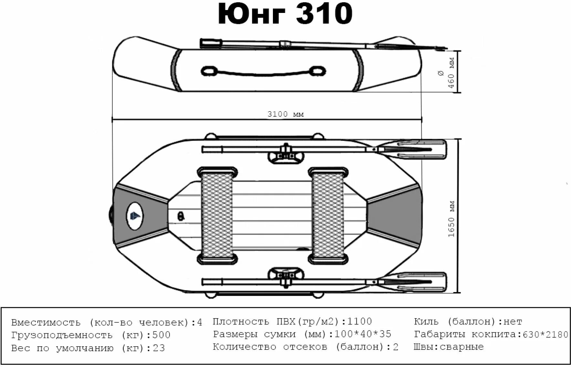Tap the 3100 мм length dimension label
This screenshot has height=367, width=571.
(285, 114)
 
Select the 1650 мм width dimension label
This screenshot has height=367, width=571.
(452, 219)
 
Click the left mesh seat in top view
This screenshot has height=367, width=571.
(217, 215)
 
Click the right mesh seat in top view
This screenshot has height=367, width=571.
(328, 215)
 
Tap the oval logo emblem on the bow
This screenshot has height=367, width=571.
(134, 215)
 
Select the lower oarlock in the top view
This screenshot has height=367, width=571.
(286, 277)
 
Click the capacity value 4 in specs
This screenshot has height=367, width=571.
(200, 322)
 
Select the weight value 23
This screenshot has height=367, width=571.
(159, 348)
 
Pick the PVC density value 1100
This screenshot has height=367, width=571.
(360, 321)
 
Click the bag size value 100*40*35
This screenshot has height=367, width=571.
(363, 334)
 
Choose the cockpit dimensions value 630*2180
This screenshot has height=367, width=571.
(545, 334)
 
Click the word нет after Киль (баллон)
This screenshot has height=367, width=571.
(513, 321)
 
